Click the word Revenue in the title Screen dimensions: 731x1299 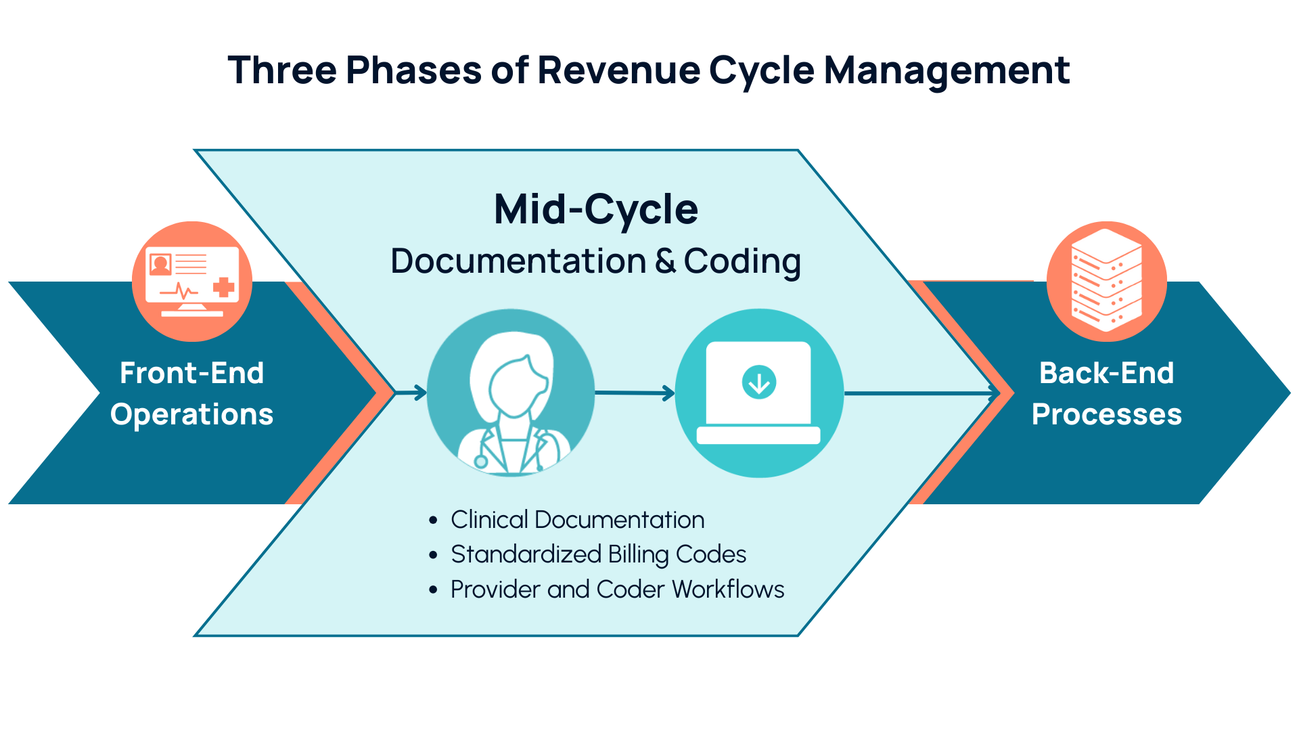coord(618,70)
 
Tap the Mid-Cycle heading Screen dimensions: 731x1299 coord(595,209)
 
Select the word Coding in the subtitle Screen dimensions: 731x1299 coord(742,261)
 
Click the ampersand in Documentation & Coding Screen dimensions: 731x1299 coord(665,261)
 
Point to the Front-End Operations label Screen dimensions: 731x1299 coord(191,393)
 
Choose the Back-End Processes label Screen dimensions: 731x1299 coord(1106,393)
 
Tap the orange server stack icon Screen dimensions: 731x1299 coord(1106,280)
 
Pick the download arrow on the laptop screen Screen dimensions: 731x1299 coord(759,383)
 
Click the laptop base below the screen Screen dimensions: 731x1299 coord(758,435)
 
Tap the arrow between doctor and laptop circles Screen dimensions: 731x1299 coord(635,393)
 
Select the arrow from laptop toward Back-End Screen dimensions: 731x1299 coord(920,393)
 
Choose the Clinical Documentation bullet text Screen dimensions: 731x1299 coord(577,520)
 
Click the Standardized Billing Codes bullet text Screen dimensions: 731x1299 coord(598,554)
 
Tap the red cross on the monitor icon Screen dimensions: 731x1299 coord(224,288)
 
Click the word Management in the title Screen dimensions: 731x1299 coord(947,70)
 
